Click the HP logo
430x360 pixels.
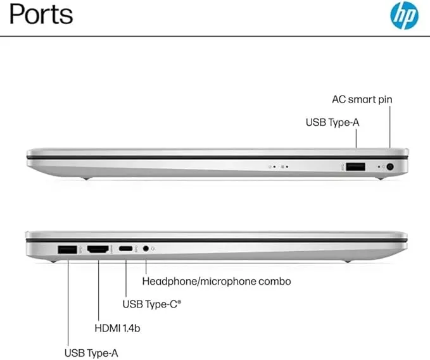[x=404, y=15]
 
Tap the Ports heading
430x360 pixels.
[x=41, y=15]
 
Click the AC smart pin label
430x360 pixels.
[x=362, y=99]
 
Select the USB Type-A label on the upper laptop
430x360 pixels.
[x=332, y=122]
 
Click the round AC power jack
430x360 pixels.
[x=390, y=166]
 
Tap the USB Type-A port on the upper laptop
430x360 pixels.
[x=355, y=166]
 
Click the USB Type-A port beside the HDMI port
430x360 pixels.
[x=68, y=249]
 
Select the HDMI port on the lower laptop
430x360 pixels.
[x=98, y=249]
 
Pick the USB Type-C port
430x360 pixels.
[x=125, y=249]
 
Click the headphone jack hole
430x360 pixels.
[x=146, y=249]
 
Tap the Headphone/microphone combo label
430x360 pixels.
[x=217, y=282]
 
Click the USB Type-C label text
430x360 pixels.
[x=152, y=304]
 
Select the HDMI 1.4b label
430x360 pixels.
[x=117, y=328]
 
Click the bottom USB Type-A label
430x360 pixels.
[x=91, y=353]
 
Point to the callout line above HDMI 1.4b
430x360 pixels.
[x=98, y=290]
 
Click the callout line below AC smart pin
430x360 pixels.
[x=390, y=127]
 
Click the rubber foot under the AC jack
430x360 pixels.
[x=380, y=178]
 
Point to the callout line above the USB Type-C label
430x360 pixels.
[x=126, y=278]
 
